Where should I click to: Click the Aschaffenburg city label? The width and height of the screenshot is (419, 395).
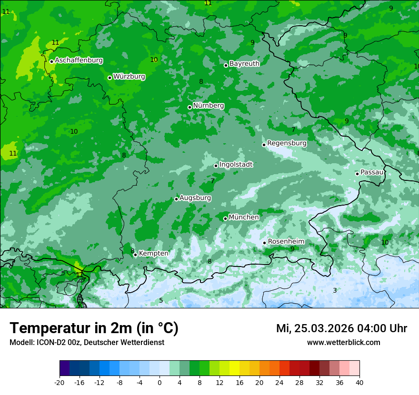click(x=79, y=60)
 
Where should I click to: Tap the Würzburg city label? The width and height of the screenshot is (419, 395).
click(x=129, y=77)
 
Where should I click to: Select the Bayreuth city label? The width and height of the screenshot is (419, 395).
click(x=244, y=64)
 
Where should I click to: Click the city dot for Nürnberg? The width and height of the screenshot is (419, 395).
click(x=190, y=107)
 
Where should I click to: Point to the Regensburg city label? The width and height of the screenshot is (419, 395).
click(x=287, y=143)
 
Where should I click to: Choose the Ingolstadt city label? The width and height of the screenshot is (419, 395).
click(x=236, y=165)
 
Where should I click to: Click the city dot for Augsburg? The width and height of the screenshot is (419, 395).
click(x=176, y=199)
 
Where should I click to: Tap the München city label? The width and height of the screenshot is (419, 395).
click(x=244, y=217)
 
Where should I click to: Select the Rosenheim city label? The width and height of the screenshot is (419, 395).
click(x=286, y=242)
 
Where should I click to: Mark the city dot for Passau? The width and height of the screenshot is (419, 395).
click(x=357, y=174)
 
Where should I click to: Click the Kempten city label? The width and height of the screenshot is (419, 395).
click(x=153, y=254)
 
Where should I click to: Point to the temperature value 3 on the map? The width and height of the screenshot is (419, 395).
click(x=335, y=290)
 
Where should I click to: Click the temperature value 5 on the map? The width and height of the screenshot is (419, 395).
click(x=161, y=300)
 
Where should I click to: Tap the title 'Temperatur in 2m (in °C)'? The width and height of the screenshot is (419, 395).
click(x=94, y=328)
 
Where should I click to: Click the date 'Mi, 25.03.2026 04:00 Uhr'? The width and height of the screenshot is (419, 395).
click(x=341, y=328)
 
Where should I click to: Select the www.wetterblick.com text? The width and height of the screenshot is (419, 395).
click(x=343, y=343)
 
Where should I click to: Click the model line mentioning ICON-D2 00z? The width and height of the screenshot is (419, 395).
click(x=87, y=343)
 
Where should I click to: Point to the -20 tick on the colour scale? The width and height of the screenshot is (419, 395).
click(x=60, y=382)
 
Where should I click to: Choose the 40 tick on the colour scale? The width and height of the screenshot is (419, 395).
click(x=359, y=382)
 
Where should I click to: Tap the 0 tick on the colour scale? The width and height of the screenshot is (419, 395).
click(x=160, y=382)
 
